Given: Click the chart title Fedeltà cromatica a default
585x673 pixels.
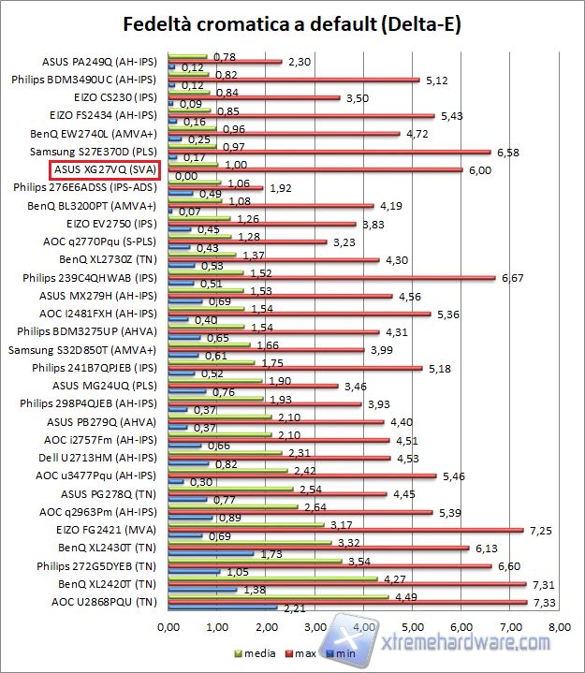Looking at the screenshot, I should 292,22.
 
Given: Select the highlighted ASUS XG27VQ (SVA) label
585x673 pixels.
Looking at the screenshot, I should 104,170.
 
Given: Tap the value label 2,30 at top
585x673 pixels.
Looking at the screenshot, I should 298,62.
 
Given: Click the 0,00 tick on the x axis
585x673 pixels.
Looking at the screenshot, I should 168,626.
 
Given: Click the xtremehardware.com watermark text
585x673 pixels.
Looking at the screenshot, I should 468,644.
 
